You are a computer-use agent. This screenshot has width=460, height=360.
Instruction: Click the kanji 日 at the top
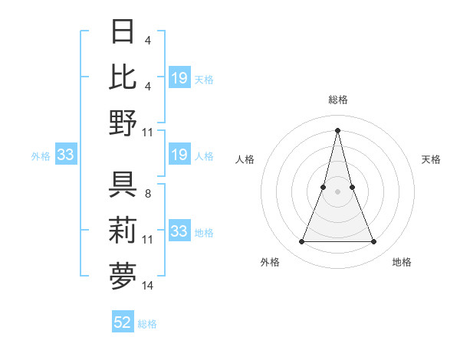click(x=123, y=33)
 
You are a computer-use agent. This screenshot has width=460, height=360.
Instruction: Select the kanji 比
click(x=123, y=77)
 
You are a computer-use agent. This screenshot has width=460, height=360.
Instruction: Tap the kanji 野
click(x=123, y=122)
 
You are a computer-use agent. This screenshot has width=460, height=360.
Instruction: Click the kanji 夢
click(x=123, y=277)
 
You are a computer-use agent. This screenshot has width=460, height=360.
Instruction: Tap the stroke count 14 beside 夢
click(x=148, y=286)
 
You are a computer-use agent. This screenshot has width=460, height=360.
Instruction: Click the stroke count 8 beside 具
click(x=147, y=195)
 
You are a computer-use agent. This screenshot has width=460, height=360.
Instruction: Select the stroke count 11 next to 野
click(x=148, y=132)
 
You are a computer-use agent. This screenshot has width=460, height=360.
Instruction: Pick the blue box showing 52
click(x=123, y=322)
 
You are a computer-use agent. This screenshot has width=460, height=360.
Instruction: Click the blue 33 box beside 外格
click(x=65, y=155)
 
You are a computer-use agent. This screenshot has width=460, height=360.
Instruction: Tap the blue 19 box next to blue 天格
click(x=179, y=77)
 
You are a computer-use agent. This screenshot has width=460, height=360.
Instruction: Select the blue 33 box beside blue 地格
click(x=179, y=231)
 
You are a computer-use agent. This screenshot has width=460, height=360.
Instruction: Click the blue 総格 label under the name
click(x=148, y=324)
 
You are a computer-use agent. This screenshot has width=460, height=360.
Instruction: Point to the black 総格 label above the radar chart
click(x=337, y=100)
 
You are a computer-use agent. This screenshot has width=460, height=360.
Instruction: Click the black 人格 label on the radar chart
click(x=245, y=159)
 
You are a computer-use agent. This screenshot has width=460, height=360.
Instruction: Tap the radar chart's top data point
click(x=337, y=129)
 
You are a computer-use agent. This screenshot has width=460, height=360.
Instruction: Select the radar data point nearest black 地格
click(x=374, y=242)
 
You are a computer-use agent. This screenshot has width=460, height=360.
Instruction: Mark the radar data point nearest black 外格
click(x=301, y=242)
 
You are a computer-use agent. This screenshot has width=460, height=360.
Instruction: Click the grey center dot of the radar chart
click(x=337, y=191)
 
